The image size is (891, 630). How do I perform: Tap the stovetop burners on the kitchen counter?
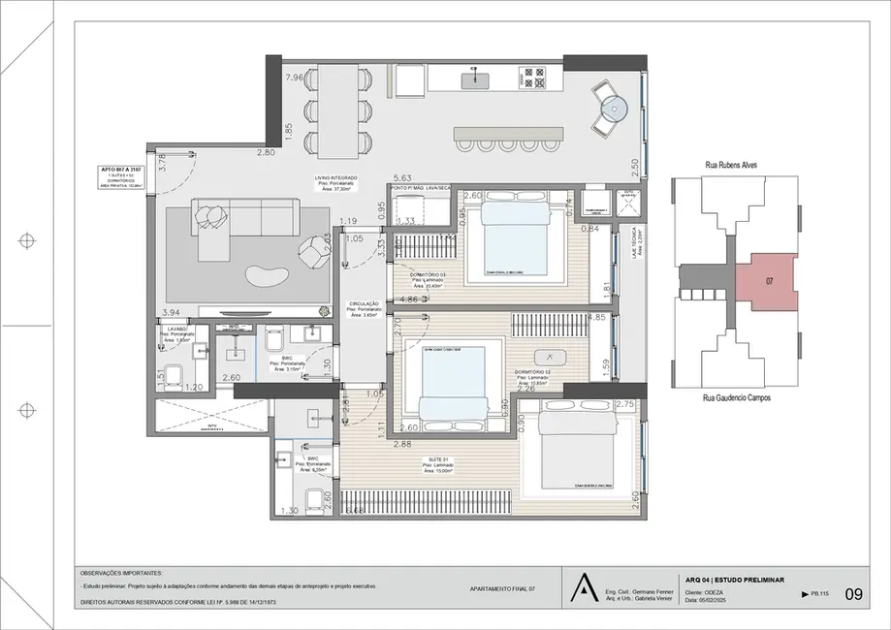pos(532,78)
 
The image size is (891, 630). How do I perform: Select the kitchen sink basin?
pos(476,80)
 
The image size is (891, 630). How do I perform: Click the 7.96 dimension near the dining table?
pos(295,78)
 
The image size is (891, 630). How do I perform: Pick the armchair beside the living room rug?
pos(313,253)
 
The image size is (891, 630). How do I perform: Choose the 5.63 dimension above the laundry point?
pos(404,178)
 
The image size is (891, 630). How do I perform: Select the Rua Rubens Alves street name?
pos(731,165)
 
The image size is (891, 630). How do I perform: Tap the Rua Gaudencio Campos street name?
pos(737,397)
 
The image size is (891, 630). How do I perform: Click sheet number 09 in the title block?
pos(853,594)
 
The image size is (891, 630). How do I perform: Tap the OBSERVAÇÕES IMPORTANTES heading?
pos(122,574)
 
